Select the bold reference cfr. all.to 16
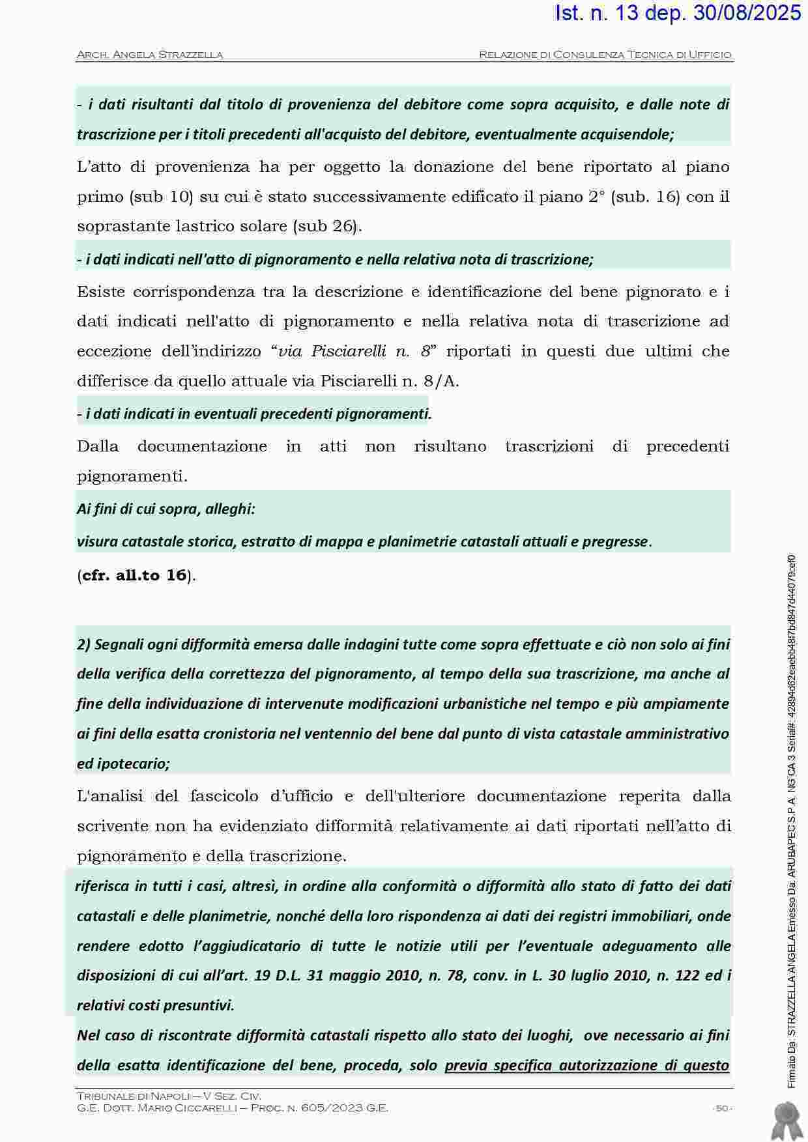click(135, 575)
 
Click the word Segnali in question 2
click(117, 645)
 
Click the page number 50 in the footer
click(721, 1108)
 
